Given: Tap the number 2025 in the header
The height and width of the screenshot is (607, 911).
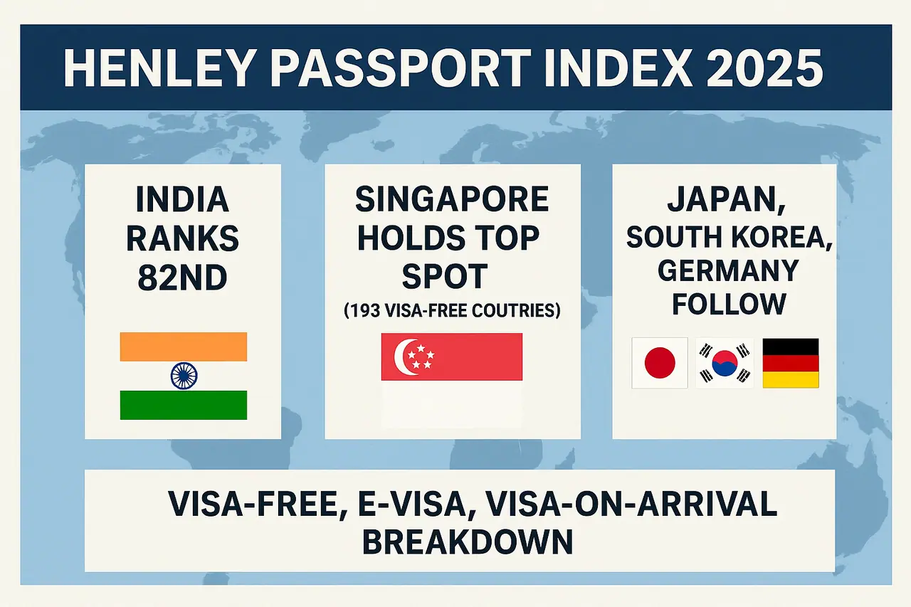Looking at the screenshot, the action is [x=765, y=68].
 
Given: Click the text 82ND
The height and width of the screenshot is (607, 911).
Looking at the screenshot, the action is [x=183, y=278].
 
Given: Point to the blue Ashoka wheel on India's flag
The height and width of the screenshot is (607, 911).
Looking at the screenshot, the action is [x=184, y=376].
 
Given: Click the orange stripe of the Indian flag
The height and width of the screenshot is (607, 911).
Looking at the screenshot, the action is [x=184, y=347].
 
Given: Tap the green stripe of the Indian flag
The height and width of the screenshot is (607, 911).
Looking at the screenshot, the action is [x=184, y=405].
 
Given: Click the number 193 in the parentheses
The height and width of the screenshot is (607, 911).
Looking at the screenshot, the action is [x=365, y=311].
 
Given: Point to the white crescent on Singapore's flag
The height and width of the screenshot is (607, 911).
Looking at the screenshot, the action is [x=403, y=357].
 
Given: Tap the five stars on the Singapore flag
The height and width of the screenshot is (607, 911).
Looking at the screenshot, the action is [x=421, y=357].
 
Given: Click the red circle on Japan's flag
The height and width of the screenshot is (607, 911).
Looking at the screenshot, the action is [x=660, y=363].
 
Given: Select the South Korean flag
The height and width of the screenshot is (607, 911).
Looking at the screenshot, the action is [x=725, y=363].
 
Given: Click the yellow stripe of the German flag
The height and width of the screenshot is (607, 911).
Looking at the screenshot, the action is [x=791, y=380].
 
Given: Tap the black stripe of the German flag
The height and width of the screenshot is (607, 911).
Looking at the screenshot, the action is [x=791, y=347].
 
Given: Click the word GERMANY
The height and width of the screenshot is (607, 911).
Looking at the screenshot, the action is [x=728, y=271].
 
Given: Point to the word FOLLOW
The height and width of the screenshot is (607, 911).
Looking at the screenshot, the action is [x=728, y=304].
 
